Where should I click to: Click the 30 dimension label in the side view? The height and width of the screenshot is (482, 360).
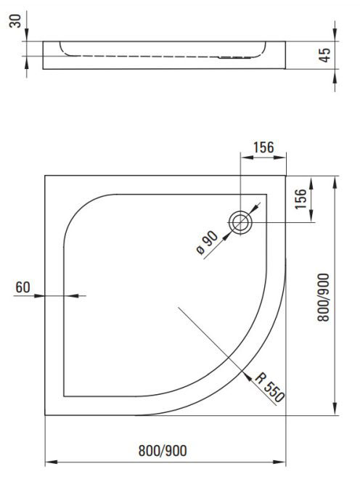pos(15,20)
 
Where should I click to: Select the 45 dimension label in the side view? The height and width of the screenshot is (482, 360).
pos(324,55)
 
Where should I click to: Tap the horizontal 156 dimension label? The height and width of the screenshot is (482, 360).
pos(263,147)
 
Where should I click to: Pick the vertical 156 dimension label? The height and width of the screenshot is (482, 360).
pos(300,199)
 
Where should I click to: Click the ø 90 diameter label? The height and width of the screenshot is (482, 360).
pos(207,242)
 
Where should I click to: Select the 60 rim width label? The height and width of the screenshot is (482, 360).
pos(22,287)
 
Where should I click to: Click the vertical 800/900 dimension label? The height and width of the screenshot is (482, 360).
pos(323,297)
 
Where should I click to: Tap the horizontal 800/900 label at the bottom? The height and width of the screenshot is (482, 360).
pos(163,451)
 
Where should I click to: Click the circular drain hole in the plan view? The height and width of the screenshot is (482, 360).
pos(240,222)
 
